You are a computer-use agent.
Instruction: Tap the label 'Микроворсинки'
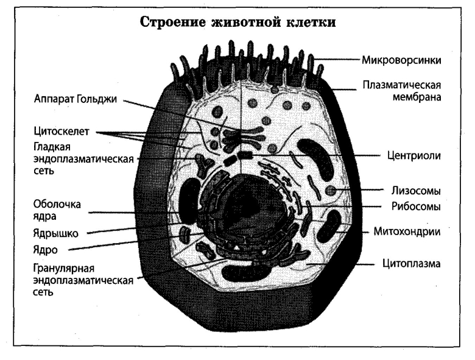click(401, 61)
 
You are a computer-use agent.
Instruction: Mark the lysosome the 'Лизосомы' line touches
click(331, 191)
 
